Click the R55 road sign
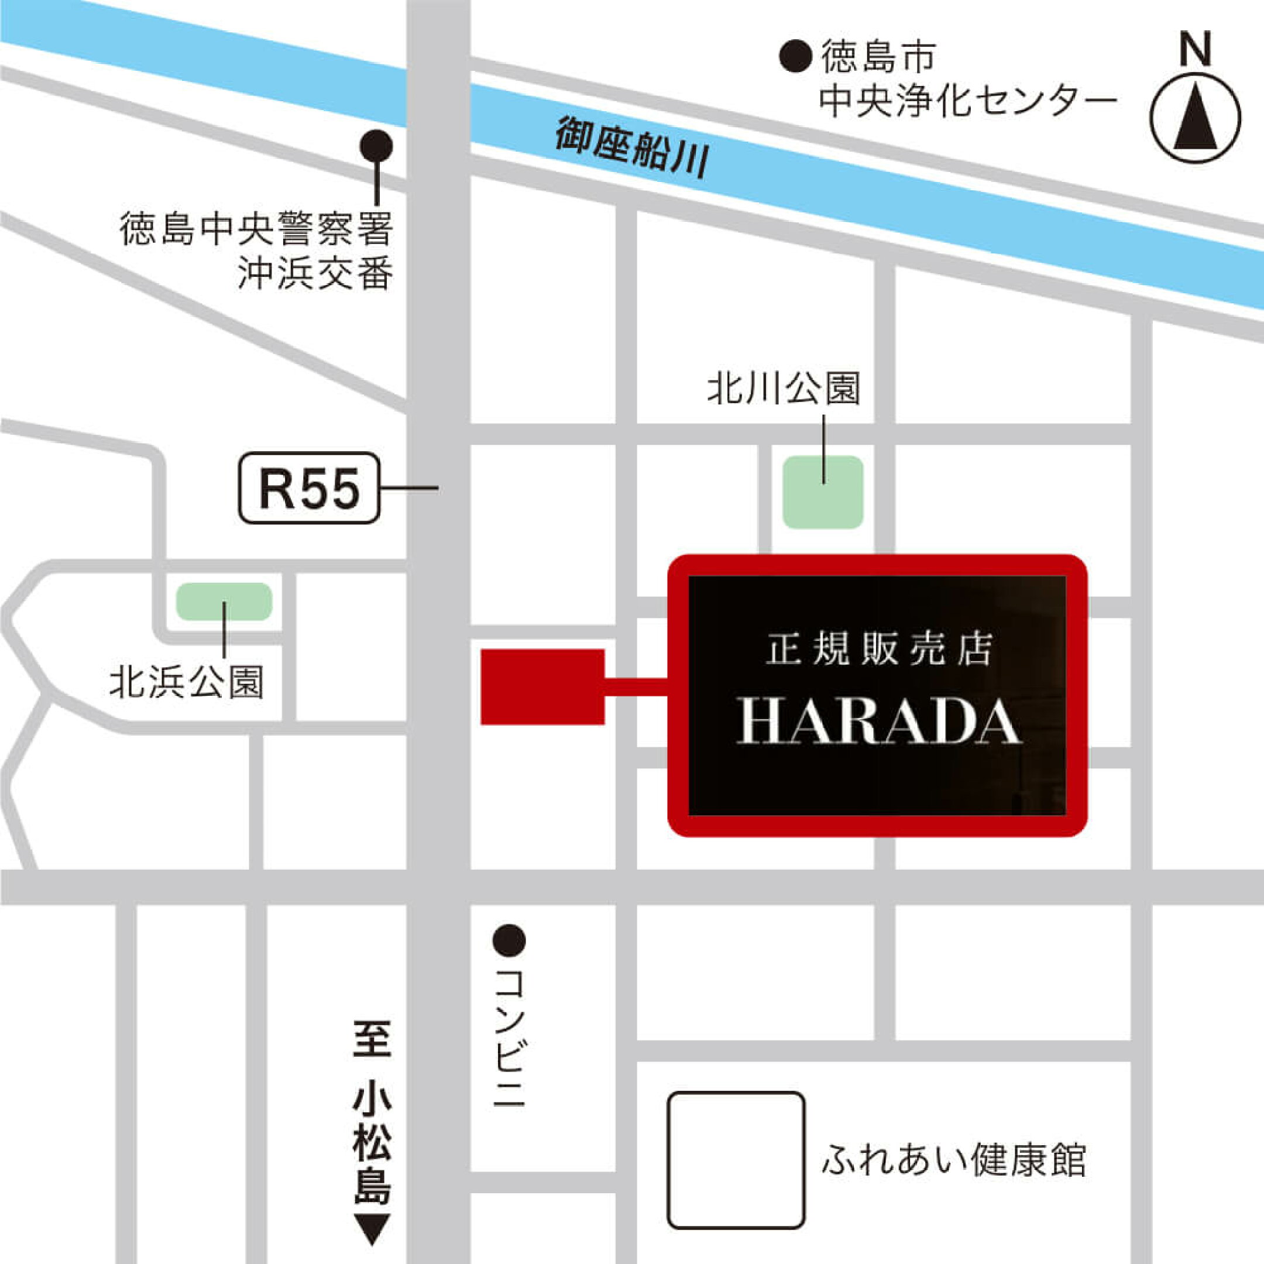[x=309, y=488]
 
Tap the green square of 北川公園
[x=823, y=492]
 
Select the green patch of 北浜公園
[x=224, y=601]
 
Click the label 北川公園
[x=783, y=389]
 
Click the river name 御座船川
[x=632, y=148]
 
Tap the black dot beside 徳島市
[x=796, y=56]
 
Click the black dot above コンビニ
[x=509, y=941]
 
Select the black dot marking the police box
[x=377, y=145]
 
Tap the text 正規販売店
[x=878, y=650]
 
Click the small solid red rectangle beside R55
[x=542, y=687]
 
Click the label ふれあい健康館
[x=953, y=1160]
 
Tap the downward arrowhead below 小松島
[x=372, y=1229]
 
